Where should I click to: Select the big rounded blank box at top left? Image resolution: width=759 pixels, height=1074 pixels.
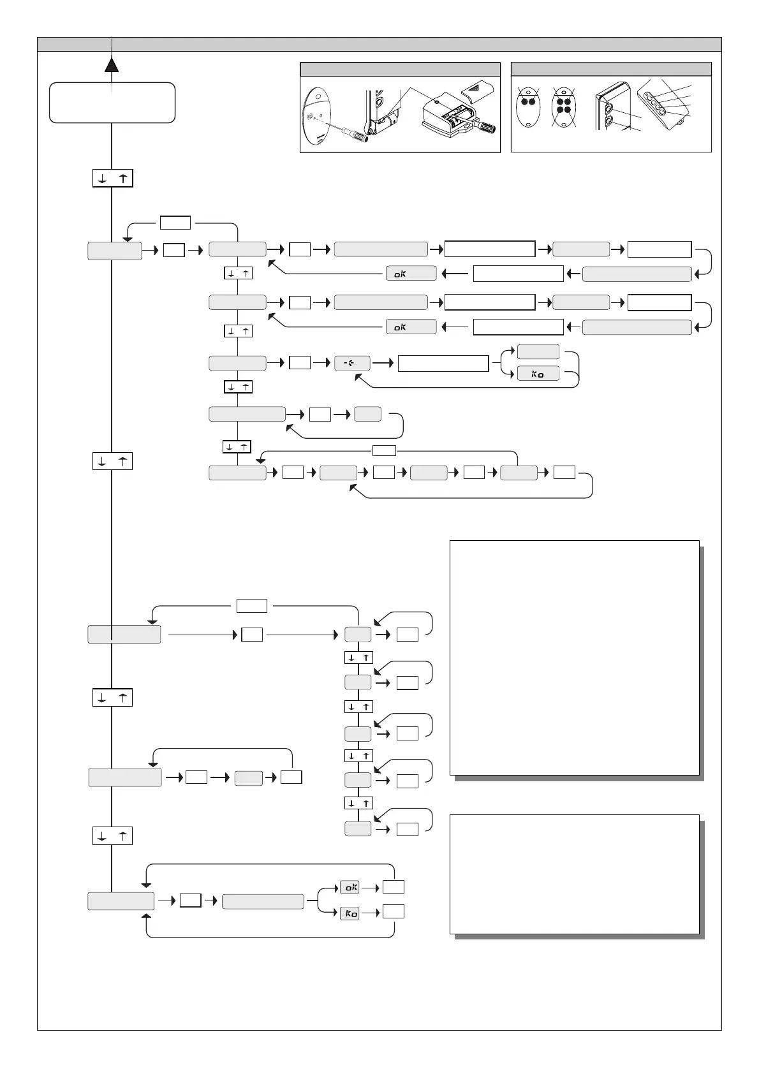[112, 102]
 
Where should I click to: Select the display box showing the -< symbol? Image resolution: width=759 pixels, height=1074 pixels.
[352, 364]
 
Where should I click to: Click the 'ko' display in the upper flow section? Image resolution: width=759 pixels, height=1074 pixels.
[538, 374]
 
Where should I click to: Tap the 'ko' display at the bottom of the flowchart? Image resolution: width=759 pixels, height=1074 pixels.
[350, 913]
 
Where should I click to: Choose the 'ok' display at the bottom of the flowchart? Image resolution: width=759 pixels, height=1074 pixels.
[350, 887]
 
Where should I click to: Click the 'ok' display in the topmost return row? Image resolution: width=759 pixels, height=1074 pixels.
[411, 274]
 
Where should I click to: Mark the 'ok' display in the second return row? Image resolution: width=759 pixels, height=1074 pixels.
[411, 327]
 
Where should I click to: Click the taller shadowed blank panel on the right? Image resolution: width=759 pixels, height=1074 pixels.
[575, 658]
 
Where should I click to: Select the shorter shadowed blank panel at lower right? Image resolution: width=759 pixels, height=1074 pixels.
[575, 874]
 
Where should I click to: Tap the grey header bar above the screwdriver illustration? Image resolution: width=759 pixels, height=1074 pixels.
[400, 70]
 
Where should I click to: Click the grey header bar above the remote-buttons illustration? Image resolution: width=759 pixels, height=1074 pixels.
[611, 70]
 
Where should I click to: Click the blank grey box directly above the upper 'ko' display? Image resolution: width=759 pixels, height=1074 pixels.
[538, 351]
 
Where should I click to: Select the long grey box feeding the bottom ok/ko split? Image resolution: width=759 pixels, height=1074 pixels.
[262, 901]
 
